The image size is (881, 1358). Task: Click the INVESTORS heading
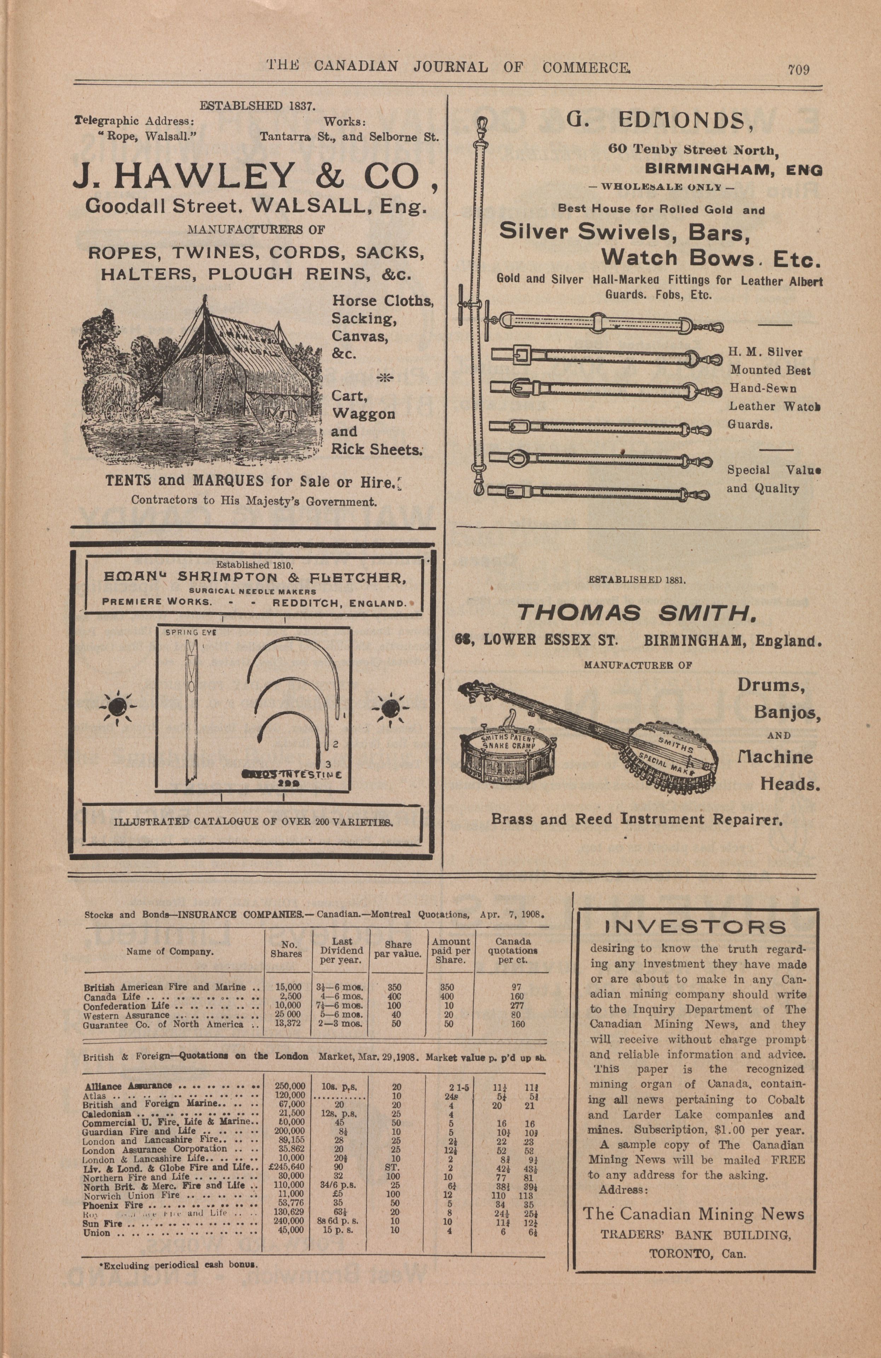coord(695,926)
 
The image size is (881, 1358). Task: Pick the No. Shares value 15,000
coord(288,986)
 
